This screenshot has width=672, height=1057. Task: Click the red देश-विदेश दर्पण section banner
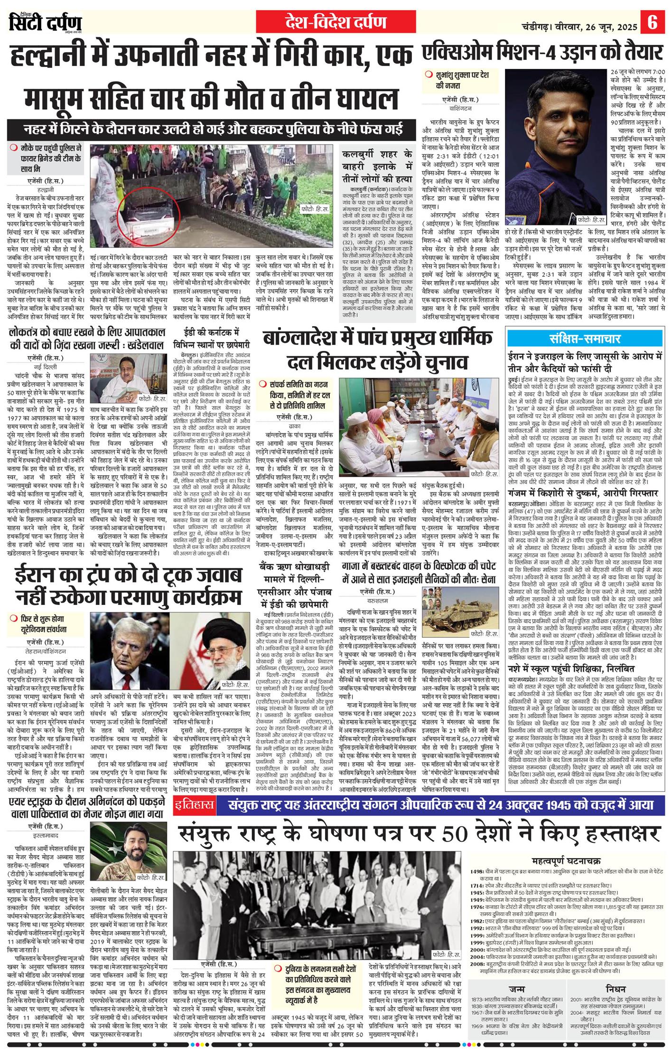[x=336, y=22]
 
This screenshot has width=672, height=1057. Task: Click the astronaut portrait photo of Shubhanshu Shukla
[x=556, y=147]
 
